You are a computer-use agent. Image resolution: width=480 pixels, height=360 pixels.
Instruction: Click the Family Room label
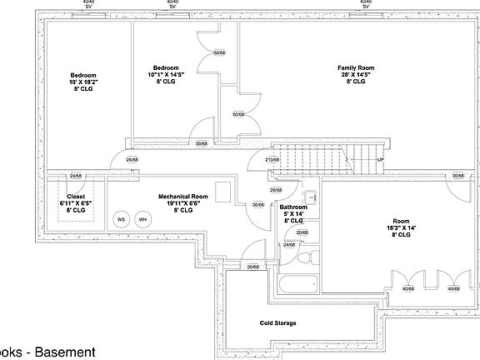pos(356,67)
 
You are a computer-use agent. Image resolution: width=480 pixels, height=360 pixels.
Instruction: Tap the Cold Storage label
pos(277,322)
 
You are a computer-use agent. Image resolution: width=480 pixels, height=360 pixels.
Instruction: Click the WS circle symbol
pos(122,219)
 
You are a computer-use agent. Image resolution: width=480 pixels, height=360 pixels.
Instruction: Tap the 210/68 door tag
pos(271,159)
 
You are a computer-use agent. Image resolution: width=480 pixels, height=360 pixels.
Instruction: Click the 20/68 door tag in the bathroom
pos(302,232)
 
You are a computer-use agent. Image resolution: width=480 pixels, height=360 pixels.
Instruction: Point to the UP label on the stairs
pos(380,159)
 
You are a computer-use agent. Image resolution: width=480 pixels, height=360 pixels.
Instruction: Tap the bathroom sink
pos(310,198)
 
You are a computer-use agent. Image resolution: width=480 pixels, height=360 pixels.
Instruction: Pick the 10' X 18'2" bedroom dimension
pos(83,82)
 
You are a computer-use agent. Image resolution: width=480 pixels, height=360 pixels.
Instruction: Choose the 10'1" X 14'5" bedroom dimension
pos(167,75)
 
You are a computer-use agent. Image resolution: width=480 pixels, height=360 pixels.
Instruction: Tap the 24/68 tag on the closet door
pos(76,176)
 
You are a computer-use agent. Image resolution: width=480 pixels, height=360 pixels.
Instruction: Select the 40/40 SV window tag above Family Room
pos(365,4)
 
